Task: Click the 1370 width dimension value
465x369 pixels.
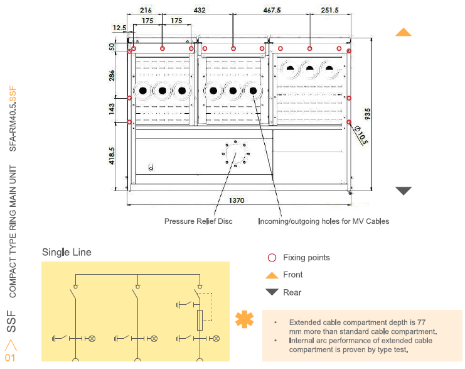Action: coord(237,201)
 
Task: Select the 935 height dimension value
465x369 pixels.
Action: coord(368,113)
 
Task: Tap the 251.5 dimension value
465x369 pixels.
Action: coord(329,10)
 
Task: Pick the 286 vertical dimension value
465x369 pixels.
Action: coord(112,75)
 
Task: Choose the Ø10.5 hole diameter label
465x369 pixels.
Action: coord(361,135)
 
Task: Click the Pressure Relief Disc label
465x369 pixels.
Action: coord(198,221)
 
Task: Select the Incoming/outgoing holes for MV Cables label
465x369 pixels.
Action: coord(324,221)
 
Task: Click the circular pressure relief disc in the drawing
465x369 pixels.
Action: coord(236,153)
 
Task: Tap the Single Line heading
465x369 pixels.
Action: coord(67,252)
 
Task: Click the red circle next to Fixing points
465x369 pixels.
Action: coord(272,258)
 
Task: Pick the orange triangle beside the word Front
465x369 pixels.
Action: coord(272,275)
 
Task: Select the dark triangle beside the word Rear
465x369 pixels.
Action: coord(272,292)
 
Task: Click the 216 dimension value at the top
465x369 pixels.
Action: coord(145,10)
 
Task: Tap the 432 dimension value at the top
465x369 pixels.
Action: coord(200,10)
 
